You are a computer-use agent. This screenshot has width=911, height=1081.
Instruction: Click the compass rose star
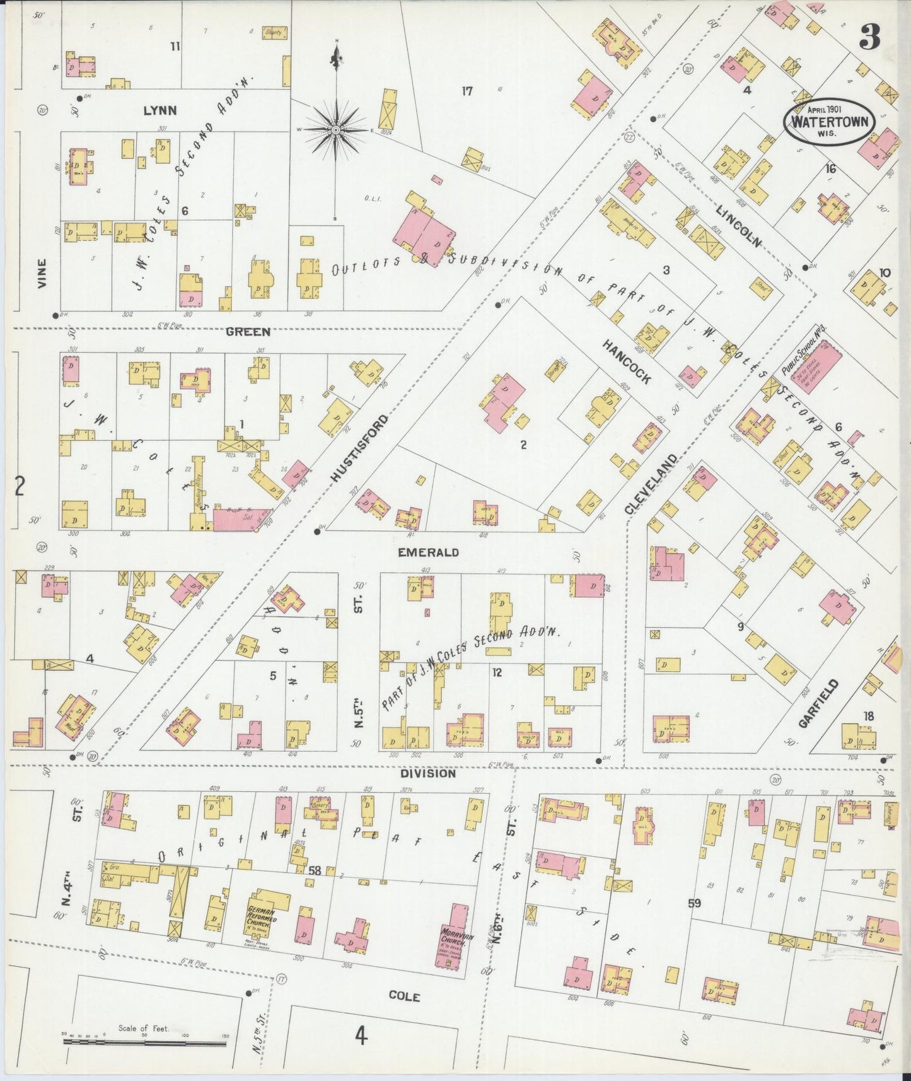pos(336,130)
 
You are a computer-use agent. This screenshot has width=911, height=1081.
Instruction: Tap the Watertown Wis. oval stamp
pos(830,121)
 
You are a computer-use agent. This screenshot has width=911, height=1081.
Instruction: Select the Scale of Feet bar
pos(144,1043)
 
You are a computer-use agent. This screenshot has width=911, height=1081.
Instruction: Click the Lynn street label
pos(160,110)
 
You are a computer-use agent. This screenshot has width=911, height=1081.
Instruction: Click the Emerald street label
pos(428,552)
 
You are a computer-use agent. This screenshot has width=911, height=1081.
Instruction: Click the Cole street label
pos(404,996)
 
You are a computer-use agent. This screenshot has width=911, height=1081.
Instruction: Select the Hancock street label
pos(627,362)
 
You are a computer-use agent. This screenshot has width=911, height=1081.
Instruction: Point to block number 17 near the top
pos(467,91)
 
